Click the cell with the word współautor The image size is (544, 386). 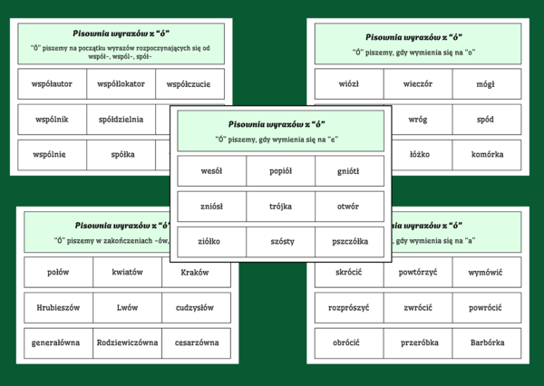click(52, 84)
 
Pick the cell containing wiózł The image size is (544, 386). click(348, 84)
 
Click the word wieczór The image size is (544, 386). click(418, 84)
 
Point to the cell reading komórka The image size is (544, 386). click(487, 154)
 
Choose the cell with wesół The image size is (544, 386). click(212, 170)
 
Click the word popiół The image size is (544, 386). click(281, 170)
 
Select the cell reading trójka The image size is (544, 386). click(281, 206)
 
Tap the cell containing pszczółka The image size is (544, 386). click(350, 241)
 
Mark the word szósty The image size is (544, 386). click(281, 241)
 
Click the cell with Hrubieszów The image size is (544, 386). click(59, 307)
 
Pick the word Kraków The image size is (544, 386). click(195, 272)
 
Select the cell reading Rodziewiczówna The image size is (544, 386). click(127, 343)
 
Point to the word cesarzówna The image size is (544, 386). click(195, 343)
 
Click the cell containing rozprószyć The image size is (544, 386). click(348, 307)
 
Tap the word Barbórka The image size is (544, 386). click(487, 343)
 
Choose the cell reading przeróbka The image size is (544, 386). click(418, 343)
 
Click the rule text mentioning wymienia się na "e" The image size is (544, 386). click(281, 140)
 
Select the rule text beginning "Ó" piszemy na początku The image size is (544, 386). click(122, 51)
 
